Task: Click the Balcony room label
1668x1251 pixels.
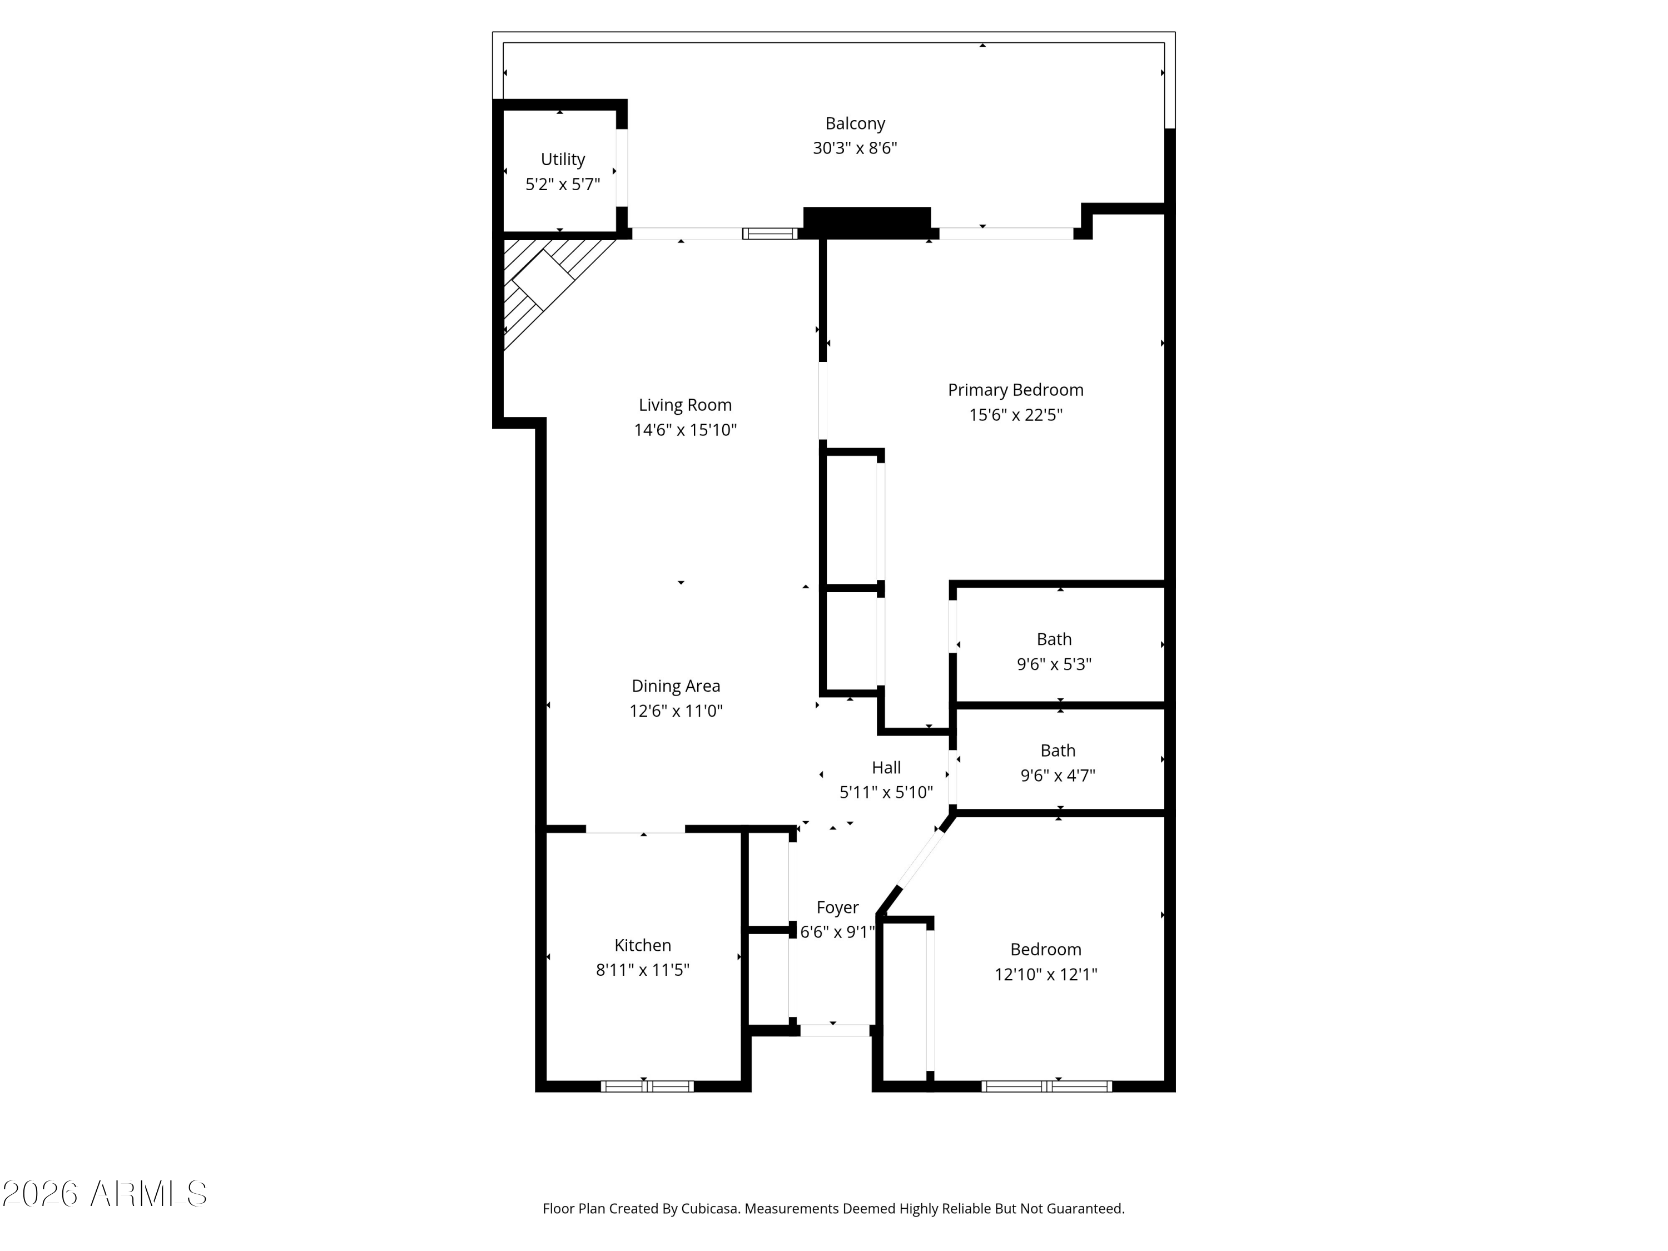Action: [855, 123]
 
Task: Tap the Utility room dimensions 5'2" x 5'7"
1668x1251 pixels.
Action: [563, 184]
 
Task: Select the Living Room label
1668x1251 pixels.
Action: [684, 405]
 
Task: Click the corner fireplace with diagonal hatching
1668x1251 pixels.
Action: [544, 280]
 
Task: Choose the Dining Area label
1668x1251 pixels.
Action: [676, 686]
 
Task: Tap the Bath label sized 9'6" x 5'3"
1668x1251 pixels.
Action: [1054, 639]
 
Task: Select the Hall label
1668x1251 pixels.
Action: [886, 768]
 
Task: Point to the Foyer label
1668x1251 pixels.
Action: [837, 908]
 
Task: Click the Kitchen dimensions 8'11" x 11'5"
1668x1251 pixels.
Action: [643, 970]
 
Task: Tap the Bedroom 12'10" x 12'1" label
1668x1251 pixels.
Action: [1045, 950]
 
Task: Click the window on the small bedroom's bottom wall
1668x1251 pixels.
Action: [1046, 1086]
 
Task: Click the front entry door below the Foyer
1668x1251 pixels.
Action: [834, 1031]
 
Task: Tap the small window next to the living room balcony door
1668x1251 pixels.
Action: [770, 234]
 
